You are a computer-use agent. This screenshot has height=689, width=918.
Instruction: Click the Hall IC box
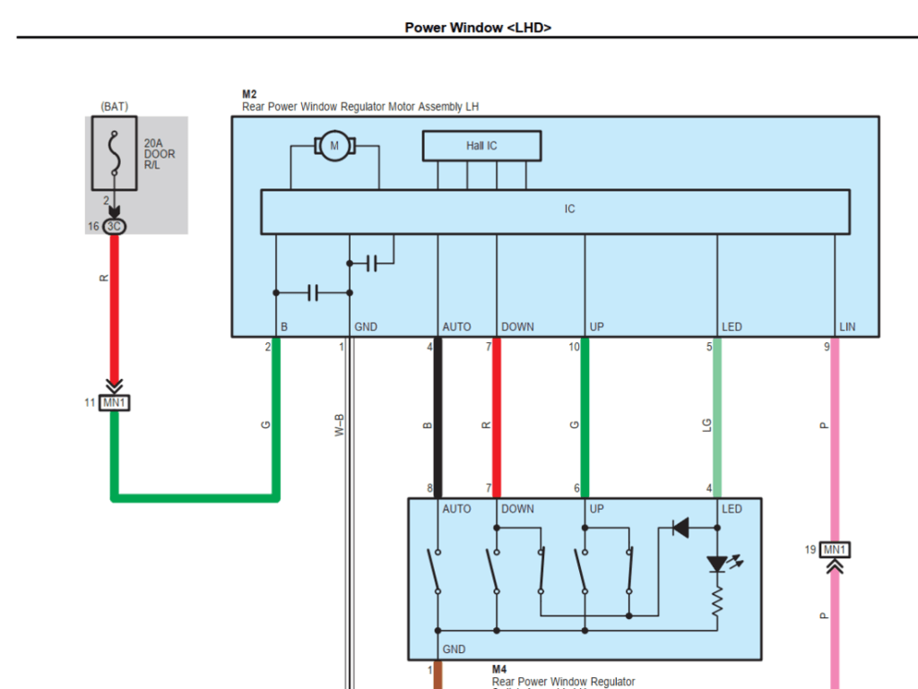click(x=481, y=146)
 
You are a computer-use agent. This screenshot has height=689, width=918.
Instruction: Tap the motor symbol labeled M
click(x=334, y=145)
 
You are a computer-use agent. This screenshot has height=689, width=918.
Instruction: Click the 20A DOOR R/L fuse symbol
click(x=114, y=153)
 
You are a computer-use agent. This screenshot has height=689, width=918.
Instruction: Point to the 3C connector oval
click(x=114, y=227)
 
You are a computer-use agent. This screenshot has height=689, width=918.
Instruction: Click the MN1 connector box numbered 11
click(x=114, y=403)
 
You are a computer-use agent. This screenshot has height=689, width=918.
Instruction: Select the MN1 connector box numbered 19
click(x=835, y=549)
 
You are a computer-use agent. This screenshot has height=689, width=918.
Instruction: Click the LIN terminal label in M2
click(x=846, y=327)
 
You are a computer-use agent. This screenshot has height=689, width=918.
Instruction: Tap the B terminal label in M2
click(x=284, y=327)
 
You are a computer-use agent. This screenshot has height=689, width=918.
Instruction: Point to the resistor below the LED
click(x=717, y=602)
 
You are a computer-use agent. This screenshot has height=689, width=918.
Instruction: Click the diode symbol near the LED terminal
click(x=680, y=529)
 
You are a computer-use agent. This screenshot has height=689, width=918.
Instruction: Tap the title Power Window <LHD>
click(x=478, y=27)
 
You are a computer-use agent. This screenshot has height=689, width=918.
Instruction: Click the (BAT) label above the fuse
click(x=114, y=107)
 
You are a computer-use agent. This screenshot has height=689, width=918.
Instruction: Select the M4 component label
click(x=500, y=669)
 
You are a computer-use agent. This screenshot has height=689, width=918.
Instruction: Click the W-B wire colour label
click(x=339, y=424)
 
